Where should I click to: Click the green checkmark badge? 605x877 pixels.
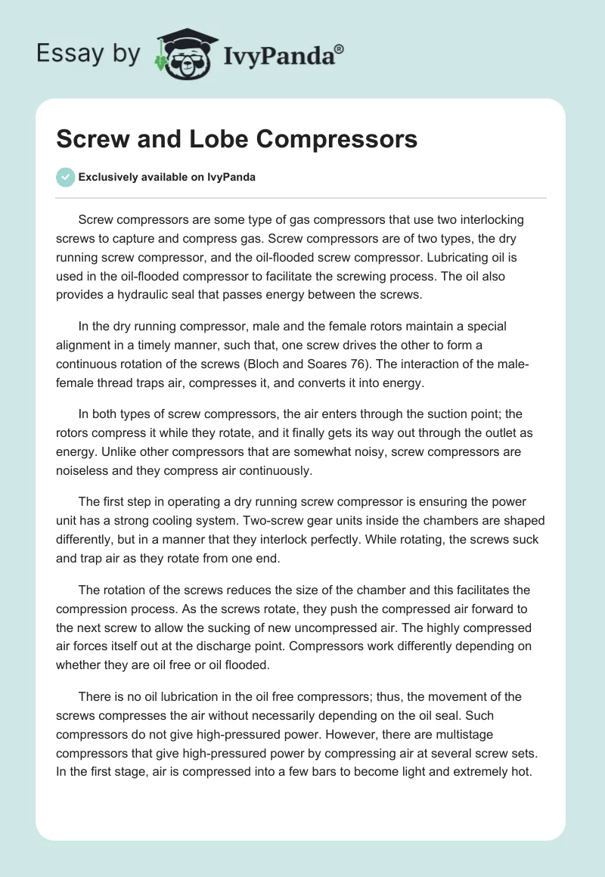65,177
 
